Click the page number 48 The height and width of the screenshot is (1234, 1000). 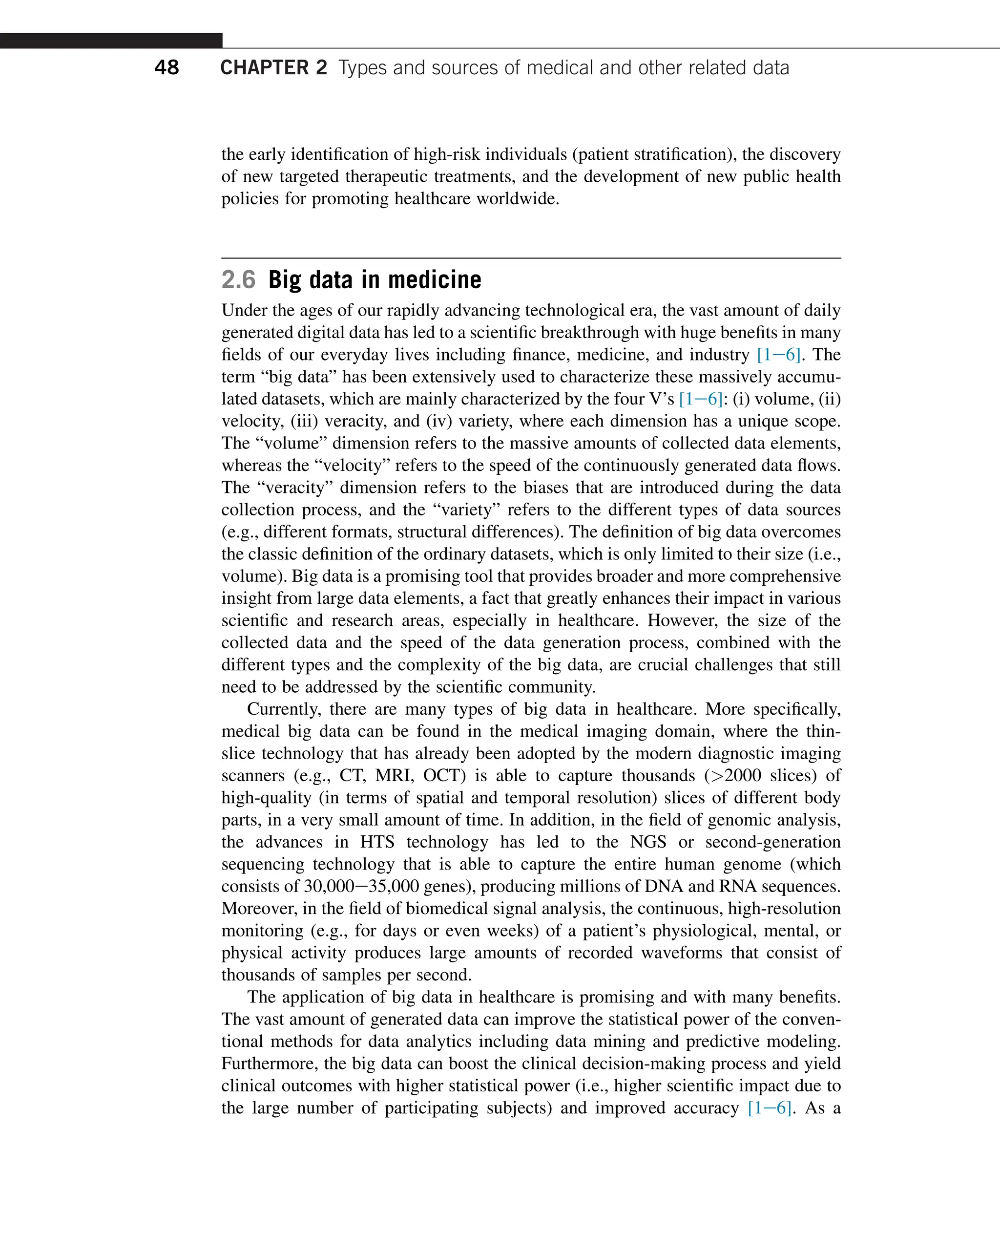click(167, 67)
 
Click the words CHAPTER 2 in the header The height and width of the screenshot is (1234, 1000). click(273, 67)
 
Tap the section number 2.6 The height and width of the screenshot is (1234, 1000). click(238, 280)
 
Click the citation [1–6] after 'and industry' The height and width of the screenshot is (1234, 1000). click(778, 355)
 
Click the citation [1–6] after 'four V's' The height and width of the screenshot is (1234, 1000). click(701, 399)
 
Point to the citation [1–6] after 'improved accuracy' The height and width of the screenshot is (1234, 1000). click(769, 1108)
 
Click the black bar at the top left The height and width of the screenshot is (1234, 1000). click(111, 41)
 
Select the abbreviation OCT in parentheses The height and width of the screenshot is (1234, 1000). click(444, 775)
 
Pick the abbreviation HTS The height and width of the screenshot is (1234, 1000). click(377, 842)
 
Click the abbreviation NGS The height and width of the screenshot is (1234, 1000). click(648, 842)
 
